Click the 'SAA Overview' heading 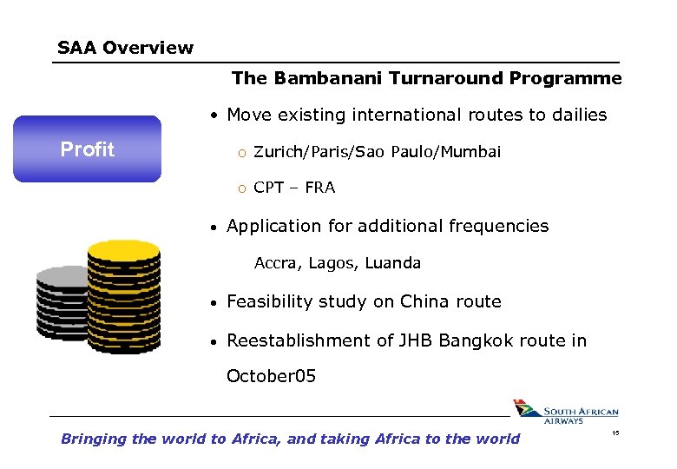125,48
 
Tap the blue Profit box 87,149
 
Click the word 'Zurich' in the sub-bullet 276,152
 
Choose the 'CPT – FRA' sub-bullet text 294,188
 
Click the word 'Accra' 274,263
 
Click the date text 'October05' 271,376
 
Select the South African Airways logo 565,412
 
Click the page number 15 615,433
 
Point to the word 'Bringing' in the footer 93,439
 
